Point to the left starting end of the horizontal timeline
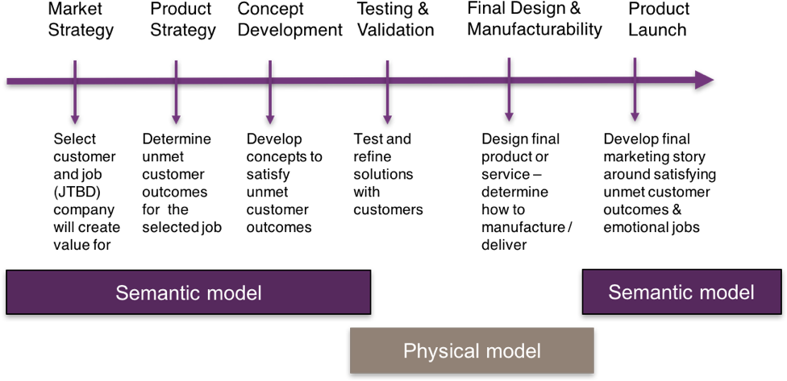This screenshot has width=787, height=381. [x=9, y=81]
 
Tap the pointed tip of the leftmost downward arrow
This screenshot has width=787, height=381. [x=75, y=122]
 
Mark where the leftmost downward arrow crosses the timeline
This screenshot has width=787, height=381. [x=75, y=81]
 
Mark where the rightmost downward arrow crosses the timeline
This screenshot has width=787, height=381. [x=635, y=81]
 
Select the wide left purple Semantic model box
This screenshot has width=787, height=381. [x=188, y=292]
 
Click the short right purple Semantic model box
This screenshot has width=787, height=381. [x=681, y=292]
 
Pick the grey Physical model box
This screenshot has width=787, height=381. [x=472, y=350]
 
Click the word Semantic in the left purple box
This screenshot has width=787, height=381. [x=156, y=293]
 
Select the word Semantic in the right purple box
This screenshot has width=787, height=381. [x=648, y=292]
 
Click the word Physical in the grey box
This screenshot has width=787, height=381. [x=436, y=352]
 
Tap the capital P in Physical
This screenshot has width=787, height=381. [x=409, y=351]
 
